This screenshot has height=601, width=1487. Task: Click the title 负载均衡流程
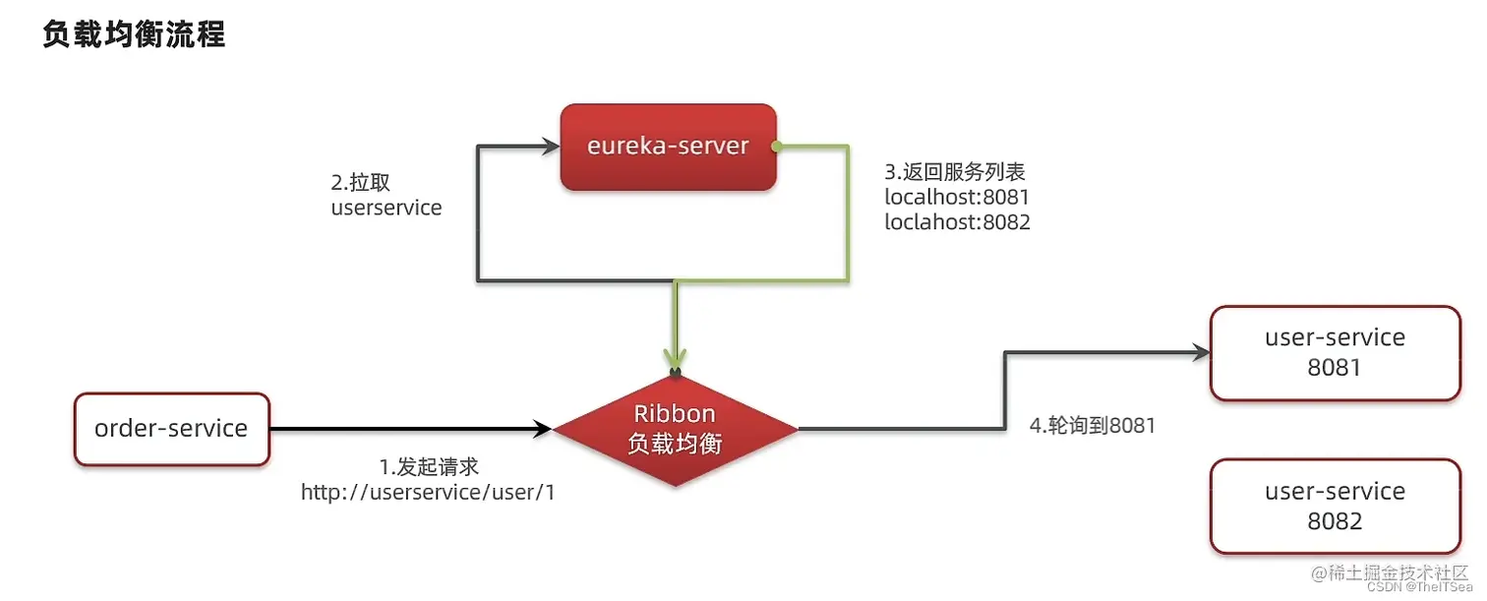point(134,35)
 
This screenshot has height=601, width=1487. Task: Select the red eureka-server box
point(668,147)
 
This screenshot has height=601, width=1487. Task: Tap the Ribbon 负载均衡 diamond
point(675,429)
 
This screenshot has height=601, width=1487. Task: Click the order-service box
point(171,429)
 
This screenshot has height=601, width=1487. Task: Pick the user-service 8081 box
point(1335,353)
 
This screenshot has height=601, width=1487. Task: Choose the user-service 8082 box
point(1335,506)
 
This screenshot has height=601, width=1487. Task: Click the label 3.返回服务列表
point(955,172)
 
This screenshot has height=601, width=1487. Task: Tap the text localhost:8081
point(957,197)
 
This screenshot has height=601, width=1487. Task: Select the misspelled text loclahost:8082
point(957,222)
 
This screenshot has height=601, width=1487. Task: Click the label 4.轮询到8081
point(1092,426)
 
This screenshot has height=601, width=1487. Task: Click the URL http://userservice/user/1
point(428,493)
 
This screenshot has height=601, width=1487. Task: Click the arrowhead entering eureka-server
point(550,147)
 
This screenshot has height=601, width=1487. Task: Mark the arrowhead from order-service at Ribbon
point(542,429)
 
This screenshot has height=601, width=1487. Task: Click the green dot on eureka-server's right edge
point(776,148)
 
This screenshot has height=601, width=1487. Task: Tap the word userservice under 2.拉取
point(387,209)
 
